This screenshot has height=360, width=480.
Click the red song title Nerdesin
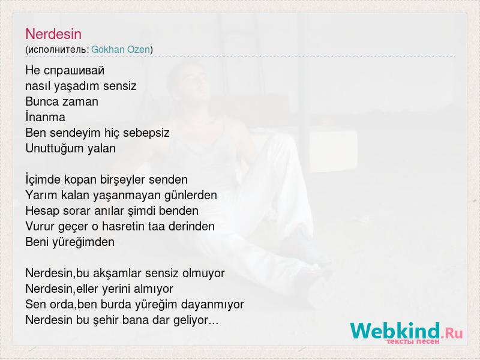[x=53, y=34]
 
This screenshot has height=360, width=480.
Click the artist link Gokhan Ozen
[x=121, y=49]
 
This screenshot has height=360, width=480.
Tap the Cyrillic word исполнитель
[x=57, y=50]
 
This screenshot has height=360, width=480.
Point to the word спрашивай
[x=74, y=71]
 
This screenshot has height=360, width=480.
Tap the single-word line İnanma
[x=46, y=117]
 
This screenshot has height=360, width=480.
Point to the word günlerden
[x=190, y=196]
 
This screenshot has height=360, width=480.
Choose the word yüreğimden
[x=83, y=242]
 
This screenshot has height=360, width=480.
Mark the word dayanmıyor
[x=212, y=305]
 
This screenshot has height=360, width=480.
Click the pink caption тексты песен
[x=413, y=341]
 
